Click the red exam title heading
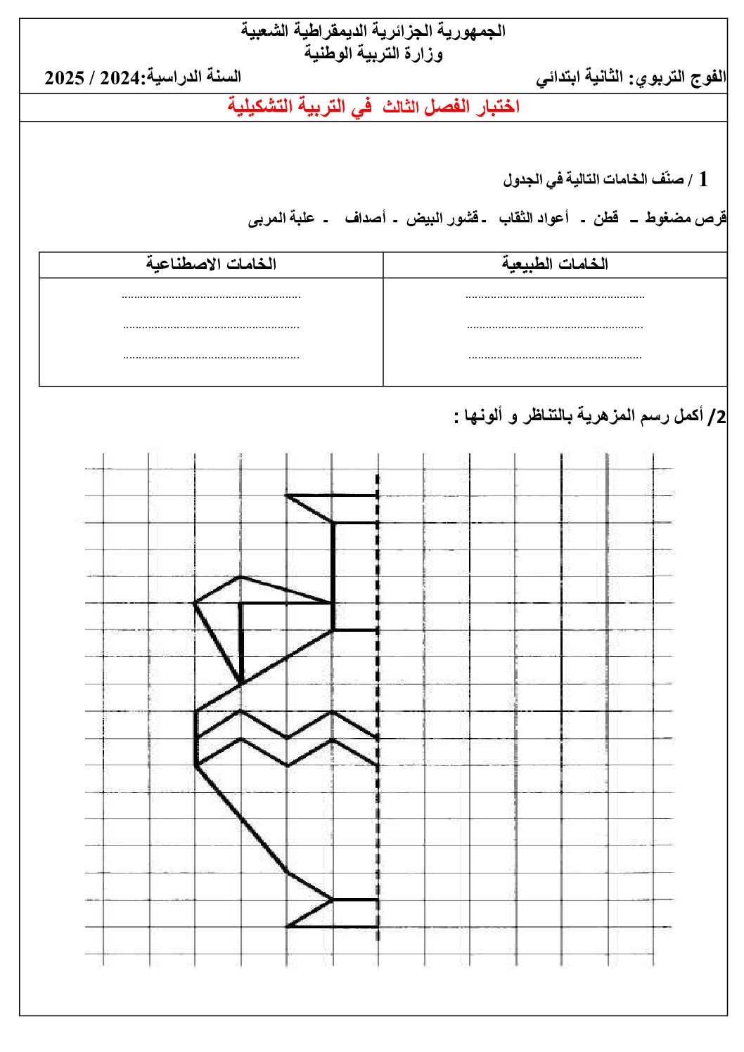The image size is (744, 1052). point(373,107)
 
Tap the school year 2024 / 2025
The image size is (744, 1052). point(94,77)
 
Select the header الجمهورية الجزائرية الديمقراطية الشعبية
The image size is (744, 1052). point(373,31)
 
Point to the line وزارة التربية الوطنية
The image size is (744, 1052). point(373,53)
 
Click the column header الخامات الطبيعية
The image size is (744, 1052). point(555,264)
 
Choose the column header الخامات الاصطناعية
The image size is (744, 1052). point(211,264)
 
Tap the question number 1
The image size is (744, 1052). point(703,179)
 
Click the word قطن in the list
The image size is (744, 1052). point(605,219)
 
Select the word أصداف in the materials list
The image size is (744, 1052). point(366,219)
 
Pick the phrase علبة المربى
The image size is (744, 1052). point(281,219)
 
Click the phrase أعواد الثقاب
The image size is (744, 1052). point(534,219)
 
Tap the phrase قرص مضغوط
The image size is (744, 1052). point(686,219)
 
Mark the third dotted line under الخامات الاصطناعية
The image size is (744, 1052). point(211,357)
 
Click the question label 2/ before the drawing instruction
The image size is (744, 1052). point(717,417)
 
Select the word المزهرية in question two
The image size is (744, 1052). point(603,416)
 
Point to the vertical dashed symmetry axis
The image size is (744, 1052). point(378,703)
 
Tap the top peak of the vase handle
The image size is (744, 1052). point(240,577)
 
